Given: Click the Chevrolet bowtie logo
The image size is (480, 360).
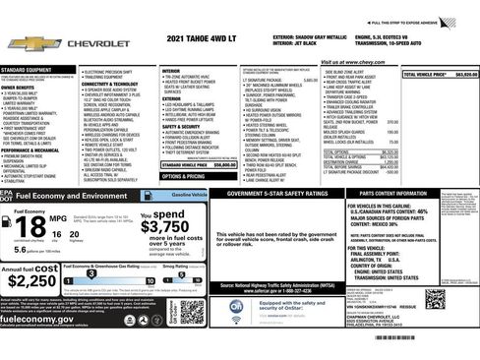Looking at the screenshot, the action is (x=26, y=45).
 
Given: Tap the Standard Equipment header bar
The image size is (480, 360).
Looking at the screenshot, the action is (x=37, y=69).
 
